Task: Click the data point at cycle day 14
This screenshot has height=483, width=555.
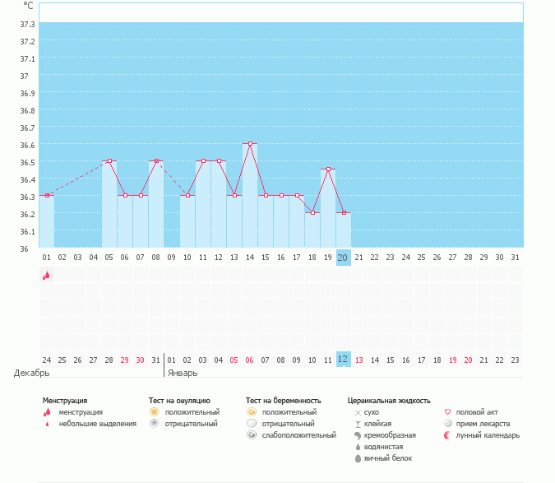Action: [250, 143]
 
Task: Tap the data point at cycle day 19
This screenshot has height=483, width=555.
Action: [328, 170]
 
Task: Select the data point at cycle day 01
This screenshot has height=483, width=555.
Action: [47, 195]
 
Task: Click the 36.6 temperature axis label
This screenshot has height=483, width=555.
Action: [27, 145]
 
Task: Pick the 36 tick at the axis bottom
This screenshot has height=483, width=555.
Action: [24, 248]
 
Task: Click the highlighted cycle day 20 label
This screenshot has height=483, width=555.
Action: [343, 258]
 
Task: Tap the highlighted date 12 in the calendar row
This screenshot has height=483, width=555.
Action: [343, 360]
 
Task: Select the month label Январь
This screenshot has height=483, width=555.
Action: [183, 373]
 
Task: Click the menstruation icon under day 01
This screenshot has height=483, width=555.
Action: [47, 276]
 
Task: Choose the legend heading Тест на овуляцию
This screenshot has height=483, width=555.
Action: [179, 400]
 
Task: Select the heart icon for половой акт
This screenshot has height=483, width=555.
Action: [447, 411]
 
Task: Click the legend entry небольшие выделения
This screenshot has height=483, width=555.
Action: [97, 423]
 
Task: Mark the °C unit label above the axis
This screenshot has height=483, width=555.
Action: [28, 5]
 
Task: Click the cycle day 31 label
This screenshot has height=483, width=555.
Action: [515, 258]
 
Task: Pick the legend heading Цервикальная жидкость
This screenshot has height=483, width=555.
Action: [389, 400]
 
